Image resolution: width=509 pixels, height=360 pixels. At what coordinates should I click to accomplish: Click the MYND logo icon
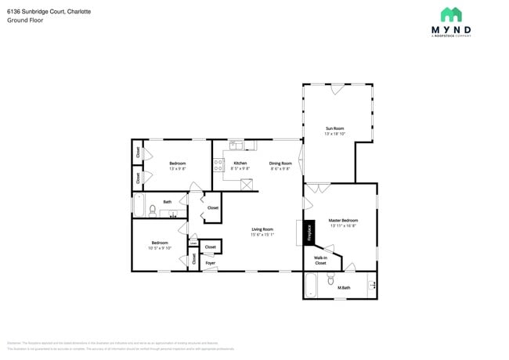point(450,14)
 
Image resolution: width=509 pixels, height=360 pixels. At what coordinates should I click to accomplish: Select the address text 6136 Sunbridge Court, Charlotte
point(38,12)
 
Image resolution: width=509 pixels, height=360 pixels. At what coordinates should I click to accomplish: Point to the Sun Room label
point(335,128)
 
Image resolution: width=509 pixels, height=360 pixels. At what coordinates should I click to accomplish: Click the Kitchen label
point(240,163)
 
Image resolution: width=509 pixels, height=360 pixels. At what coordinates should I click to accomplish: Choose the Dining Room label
point(280,163)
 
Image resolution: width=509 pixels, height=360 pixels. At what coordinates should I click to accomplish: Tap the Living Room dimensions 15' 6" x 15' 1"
point(262,234)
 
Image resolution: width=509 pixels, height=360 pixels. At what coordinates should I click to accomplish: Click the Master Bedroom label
point(343,221)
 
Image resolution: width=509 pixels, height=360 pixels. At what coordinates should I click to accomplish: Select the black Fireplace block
point(309,232)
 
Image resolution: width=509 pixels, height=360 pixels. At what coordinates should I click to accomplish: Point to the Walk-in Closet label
point(320,260)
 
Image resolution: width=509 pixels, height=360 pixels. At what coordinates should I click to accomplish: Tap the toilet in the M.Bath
point(331,279)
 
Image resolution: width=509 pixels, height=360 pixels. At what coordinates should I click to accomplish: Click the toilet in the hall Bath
point(152,209)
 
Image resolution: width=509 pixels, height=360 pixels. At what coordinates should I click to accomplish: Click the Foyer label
point(210,263)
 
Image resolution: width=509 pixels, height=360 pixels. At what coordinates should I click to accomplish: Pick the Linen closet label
point(193,243)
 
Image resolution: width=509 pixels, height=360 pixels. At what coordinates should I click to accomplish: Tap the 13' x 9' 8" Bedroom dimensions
point(178,168)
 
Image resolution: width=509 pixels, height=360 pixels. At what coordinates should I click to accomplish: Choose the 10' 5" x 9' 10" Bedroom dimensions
point(159,247)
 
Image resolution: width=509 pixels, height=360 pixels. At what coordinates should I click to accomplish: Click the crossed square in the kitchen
point(247,185)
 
